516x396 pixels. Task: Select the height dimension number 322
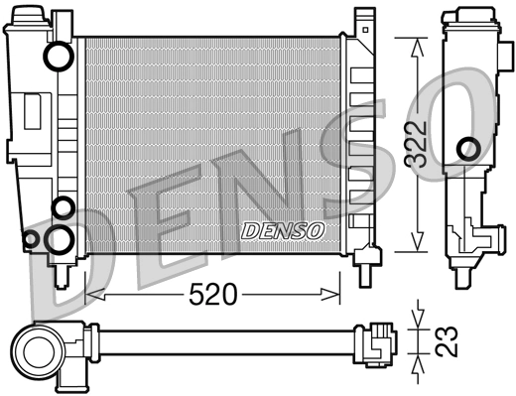pos(420,144)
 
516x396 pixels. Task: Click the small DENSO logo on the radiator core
pos(284,230)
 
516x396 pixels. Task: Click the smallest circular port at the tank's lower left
pos(31,238)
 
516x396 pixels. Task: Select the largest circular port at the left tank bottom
pos(60,238)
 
